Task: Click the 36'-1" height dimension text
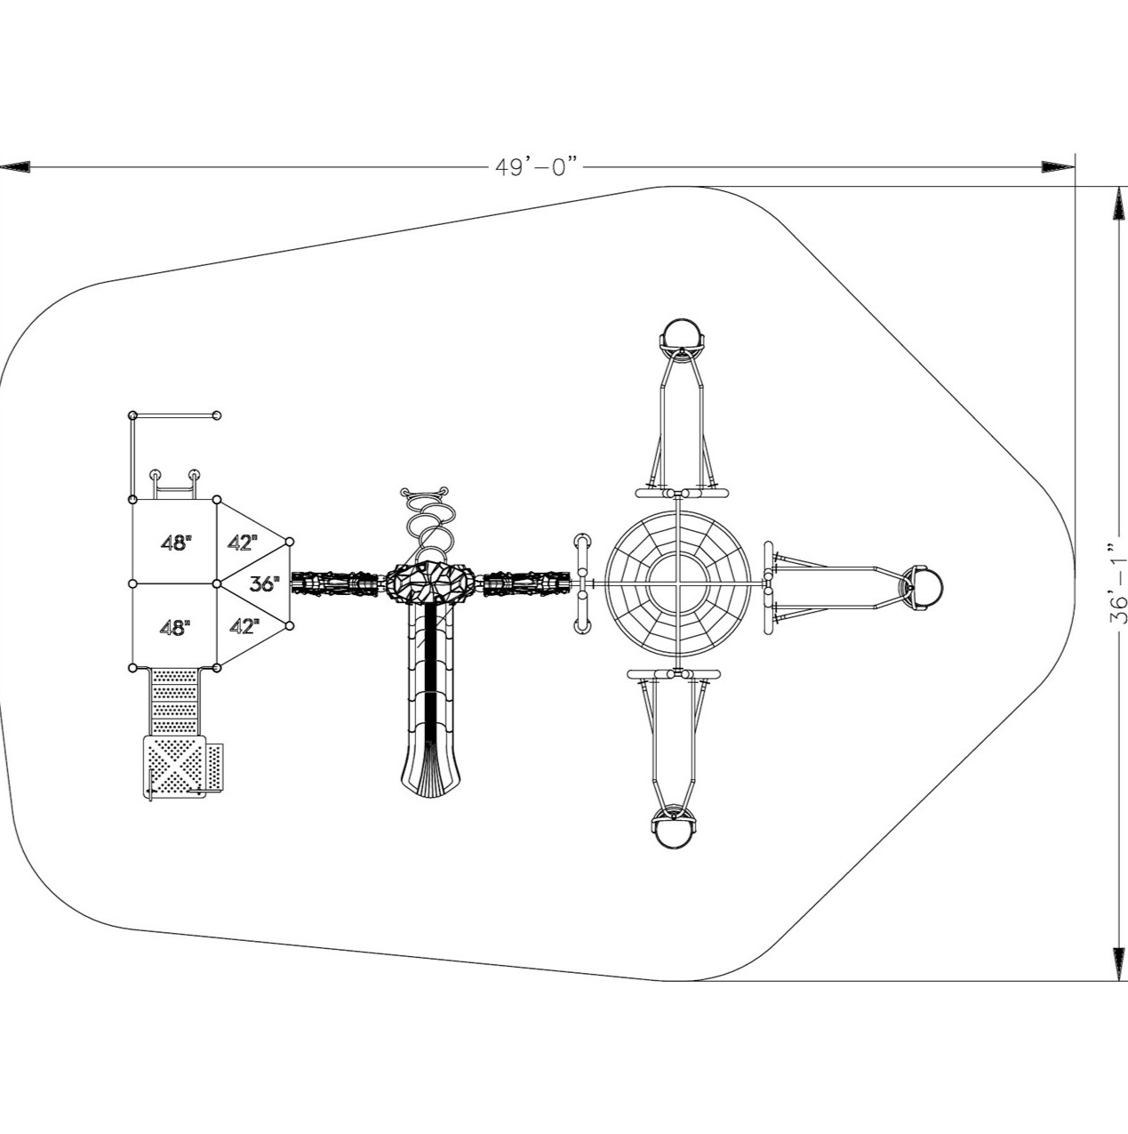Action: [x=1118, y=583]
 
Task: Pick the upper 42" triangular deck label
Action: [x=243, y=543]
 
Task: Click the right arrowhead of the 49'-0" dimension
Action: [x=1057, y=167]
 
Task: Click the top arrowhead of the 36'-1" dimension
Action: [x=1118, y=203]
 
